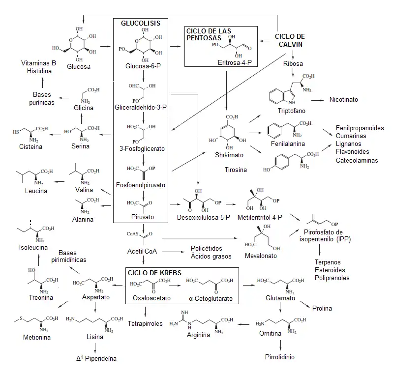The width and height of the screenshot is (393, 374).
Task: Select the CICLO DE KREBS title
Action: point(154,273)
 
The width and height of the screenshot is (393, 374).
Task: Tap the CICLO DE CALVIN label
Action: point(290,40)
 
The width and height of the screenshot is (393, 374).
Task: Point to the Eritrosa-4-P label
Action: point(238,62)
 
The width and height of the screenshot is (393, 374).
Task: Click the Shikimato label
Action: point(227,155)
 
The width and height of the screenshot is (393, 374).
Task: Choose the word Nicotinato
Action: point(343,100)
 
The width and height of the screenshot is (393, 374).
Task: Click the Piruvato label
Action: point(143,217)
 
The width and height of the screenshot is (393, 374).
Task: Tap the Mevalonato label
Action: point(261,256)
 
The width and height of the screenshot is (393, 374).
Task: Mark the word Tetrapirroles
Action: point(146,324)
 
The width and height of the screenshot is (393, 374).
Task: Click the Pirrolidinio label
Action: point(280,357)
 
